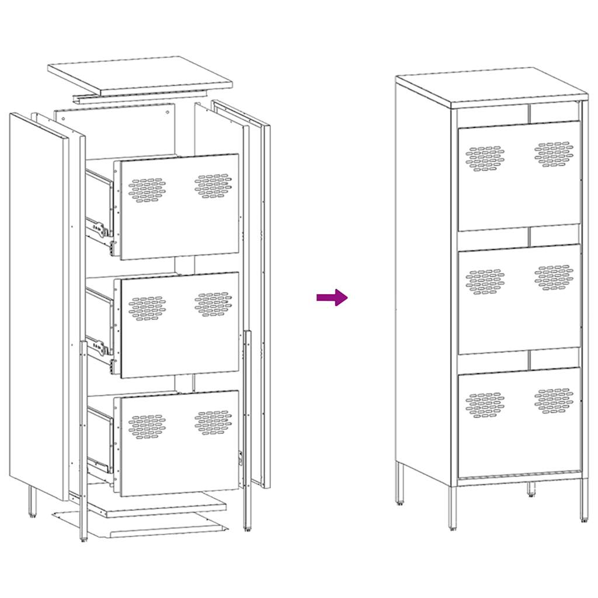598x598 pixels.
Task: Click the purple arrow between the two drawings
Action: pos(332,298)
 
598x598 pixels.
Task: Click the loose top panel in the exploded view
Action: pos(140,75)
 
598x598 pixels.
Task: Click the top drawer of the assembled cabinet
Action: pos(519,175)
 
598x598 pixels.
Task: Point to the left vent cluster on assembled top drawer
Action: pos(485,158)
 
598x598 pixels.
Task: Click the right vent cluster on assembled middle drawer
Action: pos(554,277)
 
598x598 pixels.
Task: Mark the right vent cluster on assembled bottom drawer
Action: pos(554,401)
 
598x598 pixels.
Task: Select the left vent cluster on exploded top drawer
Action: pos(147,190)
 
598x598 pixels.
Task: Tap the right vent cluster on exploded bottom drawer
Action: pos(213,422)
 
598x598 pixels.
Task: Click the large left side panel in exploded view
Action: pos(39,304)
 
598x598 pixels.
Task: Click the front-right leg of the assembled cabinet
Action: pos(584,499)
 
